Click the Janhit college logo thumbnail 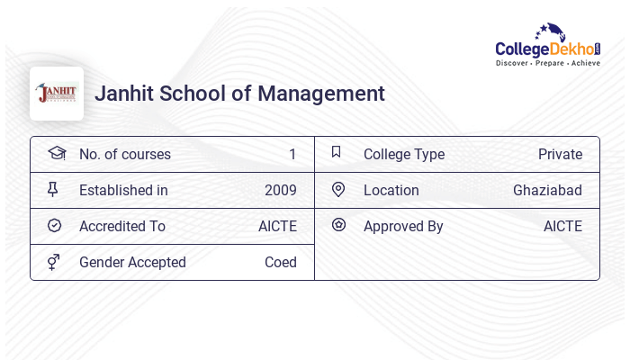57,94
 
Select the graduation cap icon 56,153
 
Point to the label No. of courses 125,155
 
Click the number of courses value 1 292,155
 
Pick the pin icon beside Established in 53,190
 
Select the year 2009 281,191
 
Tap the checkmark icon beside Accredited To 54,226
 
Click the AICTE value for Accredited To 277,227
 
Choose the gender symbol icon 54,262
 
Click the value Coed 281,263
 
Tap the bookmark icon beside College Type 336,153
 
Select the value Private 560,155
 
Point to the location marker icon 338,190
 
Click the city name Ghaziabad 547,191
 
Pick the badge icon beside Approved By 338,225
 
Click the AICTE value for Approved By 562,227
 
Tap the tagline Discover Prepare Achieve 548,64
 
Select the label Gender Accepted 132,263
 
